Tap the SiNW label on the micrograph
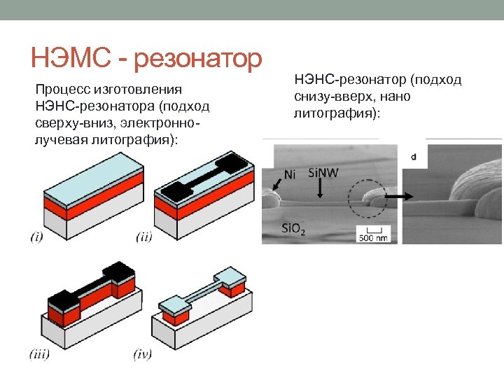(x=323, y=172)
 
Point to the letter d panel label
(x=414, y=157)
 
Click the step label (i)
(x=36, y=237)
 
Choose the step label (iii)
(x=39, y=354)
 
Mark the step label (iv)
(x=143, y=354)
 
